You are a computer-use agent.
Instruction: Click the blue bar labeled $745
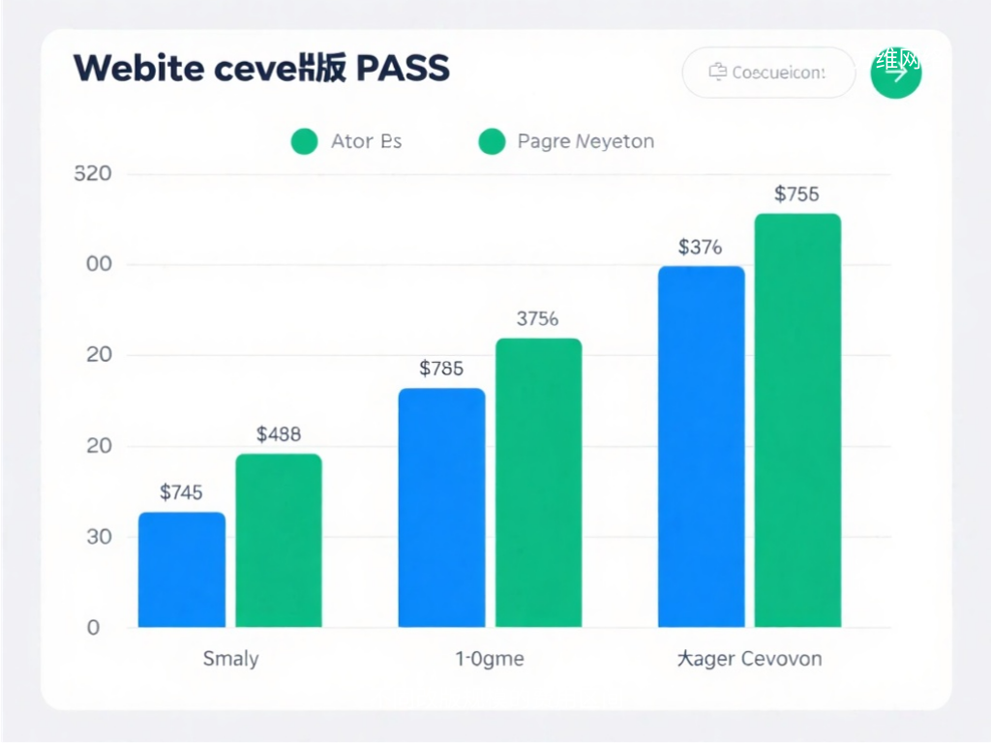182,570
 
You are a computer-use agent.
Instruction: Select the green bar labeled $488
279,541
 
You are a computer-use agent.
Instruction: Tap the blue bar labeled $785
441,508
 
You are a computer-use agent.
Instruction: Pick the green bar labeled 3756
538,483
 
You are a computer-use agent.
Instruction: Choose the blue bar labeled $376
702,447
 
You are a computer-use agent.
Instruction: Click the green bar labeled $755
797,421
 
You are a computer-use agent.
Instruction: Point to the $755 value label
797,194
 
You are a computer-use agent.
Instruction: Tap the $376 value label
700,247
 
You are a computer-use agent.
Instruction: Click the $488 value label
279,434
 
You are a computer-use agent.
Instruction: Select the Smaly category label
230,659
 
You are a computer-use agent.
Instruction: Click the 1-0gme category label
490,659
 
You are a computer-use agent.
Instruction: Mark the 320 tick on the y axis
93,174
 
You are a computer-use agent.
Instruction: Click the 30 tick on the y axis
99,537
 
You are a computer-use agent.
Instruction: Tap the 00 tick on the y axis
99,265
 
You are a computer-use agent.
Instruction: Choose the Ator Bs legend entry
346,141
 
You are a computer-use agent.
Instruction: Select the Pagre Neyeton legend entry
567,141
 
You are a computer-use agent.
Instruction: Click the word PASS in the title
403,69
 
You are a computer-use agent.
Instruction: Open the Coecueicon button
768,73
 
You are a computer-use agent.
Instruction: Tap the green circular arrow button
896,73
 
